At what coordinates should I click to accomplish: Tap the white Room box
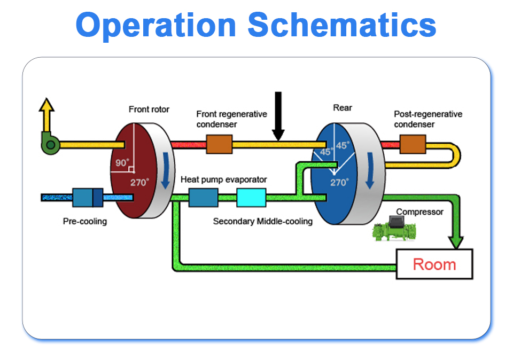[434, 264]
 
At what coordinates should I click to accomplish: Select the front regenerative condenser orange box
[219, 144]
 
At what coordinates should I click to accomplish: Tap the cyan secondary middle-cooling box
[251, 198]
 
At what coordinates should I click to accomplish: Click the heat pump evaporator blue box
[203, 198]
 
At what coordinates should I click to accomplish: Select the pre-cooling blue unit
[87, 197]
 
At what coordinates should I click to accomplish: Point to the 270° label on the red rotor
[139, 182]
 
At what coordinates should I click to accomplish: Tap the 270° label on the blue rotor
[339, 182]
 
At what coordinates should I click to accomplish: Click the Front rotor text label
[149, 109]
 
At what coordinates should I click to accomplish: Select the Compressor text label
[419, 212]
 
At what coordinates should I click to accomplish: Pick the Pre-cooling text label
[84, 221]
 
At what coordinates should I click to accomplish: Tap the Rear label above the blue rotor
[343, 108]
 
